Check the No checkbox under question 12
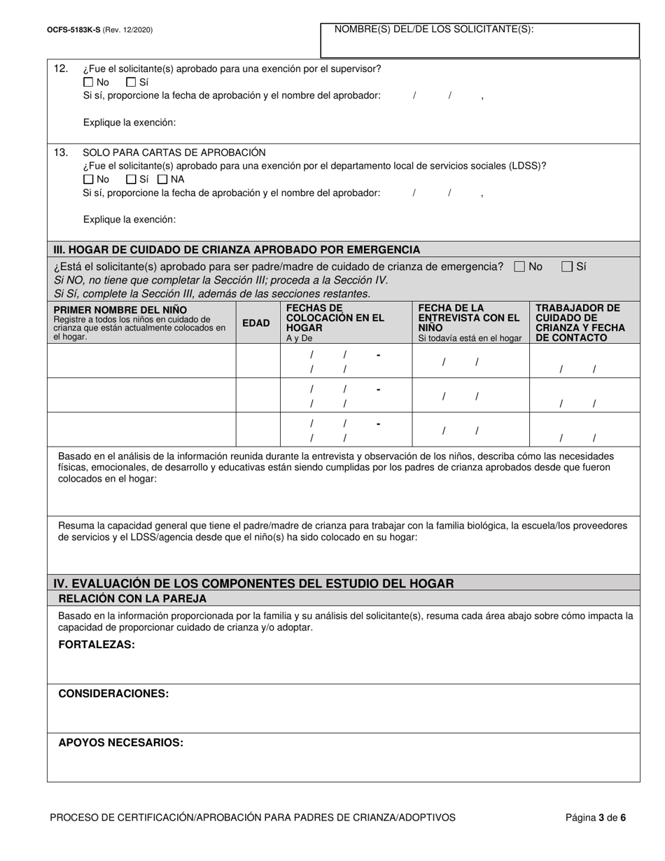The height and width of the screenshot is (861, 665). click(88, 82)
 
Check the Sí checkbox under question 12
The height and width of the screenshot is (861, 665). click(130, 82)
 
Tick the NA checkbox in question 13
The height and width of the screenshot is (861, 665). click(162, 179)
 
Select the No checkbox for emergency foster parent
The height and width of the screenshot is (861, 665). click(519, 267)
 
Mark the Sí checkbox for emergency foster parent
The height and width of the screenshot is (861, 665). click(567, 267)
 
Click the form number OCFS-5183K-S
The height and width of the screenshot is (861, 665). click(71, 30)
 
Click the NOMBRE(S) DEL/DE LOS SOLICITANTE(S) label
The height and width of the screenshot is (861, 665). click(434, 29)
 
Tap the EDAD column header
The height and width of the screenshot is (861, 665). click(255, 323)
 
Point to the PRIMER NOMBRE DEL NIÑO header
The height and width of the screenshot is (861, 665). click(120, 309)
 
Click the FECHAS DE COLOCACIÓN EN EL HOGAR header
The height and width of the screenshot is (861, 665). click(335, 318)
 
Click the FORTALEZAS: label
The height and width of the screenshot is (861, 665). click(97, 645)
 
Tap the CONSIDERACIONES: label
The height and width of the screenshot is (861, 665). click(113, 694)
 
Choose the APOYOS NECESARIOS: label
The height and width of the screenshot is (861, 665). click(120, 743)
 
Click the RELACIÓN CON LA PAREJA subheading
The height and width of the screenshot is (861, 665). click(132, 598)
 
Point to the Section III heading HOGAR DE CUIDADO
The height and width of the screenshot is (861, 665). click(237, 249)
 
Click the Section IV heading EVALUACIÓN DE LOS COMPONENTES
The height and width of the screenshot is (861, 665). click(254, 583)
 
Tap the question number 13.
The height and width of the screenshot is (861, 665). click(61, 152)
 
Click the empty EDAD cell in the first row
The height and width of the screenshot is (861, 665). click(258, 360)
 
